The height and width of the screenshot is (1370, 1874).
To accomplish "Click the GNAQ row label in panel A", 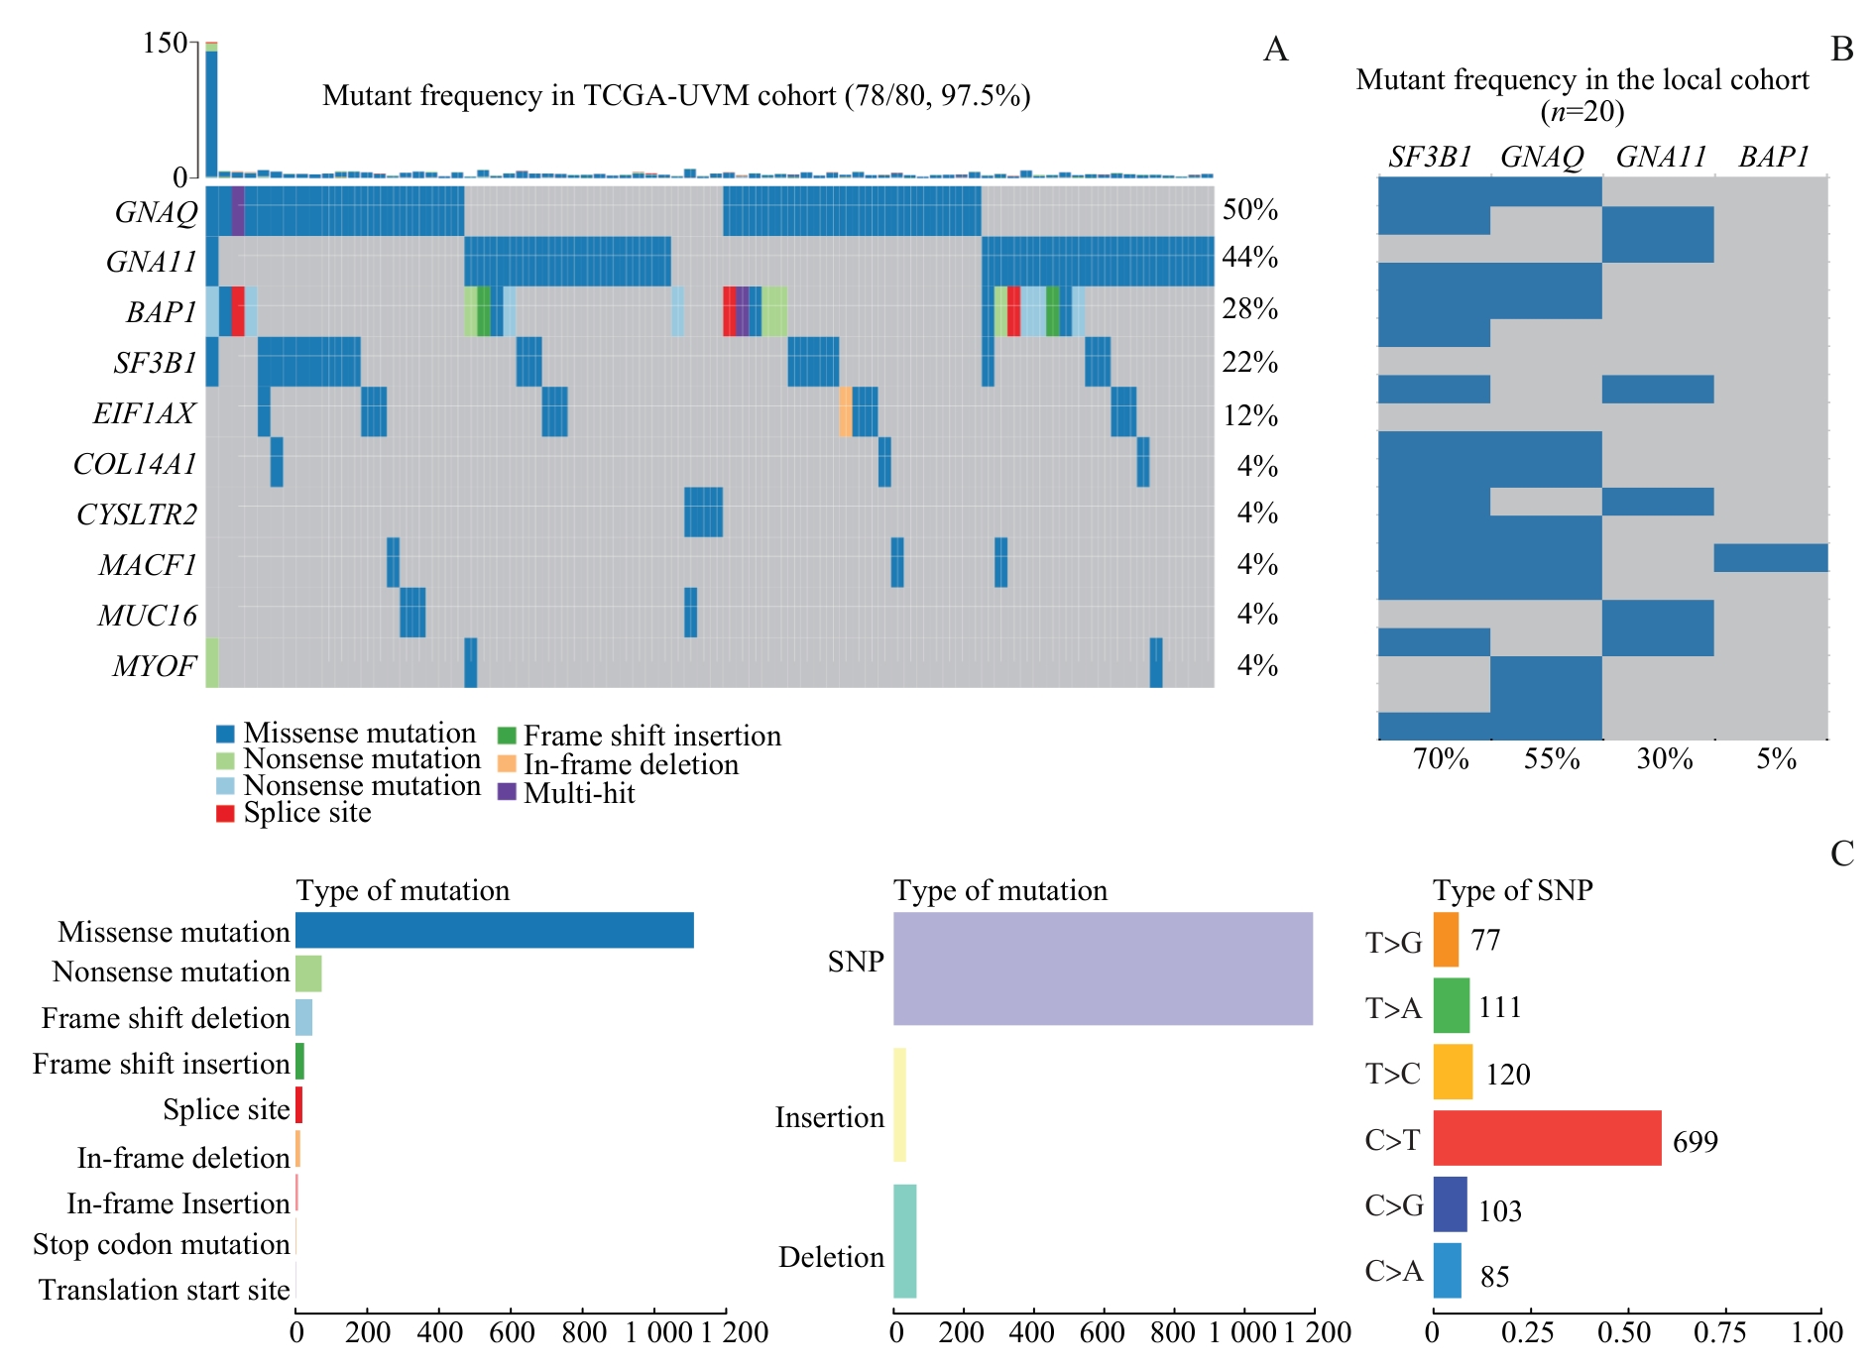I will [156, 212].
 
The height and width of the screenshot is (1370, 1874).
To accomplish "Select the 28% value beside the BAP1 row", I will [1249, 309].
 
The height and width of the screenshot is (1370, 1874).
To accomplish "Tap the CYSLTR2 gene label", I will [137, 514].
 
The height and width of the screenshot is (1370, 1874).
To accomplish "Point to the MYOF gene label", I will [155, 666].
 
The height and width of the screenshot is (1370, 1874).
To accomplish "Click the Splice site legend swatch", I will [225, 813].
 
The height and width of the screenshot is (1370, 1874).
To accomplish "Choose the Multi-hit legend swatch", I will [507, 792].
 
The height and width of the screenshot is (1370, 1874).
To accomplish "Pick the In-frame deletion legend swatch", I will [507, 764].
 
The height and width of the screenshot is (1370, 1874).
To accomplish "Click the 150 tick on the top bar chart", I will [165, 43].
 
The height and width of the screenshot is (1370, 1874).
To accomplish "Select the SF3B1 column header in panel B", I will [1429, 157].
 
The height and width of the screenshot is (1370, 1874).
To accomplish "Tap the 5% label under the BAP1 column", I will [1776, 759].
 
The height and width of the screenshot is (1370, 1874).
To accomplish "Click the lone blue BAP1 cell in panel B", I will [1770, 557].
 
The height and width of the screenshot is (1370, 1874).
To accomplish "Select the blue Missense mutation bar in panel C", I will [494, 930].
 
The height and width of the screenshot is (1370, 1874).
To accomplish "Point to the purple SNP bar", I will [1103, 968].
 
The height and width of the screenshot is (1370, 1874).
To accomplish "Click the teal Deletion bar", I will [904, 1240].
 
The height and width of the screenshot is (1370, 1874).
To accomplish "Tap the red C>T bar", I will [1546, 1137].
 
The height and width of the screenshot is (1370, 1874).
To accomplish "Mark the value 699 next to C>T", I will [1695, 1142].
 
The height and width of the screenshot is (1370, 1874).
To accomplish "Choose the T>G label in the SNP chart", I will [1393, 943].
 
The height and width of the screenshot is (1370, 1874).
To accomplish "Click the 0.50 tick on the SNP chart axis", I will [1624, 1332].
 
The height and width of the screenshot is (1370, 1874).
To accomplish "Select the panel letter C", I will [1841, 854].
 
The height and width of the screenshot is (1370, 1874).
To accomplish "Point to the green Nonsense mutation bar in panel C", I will [308, 973].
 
